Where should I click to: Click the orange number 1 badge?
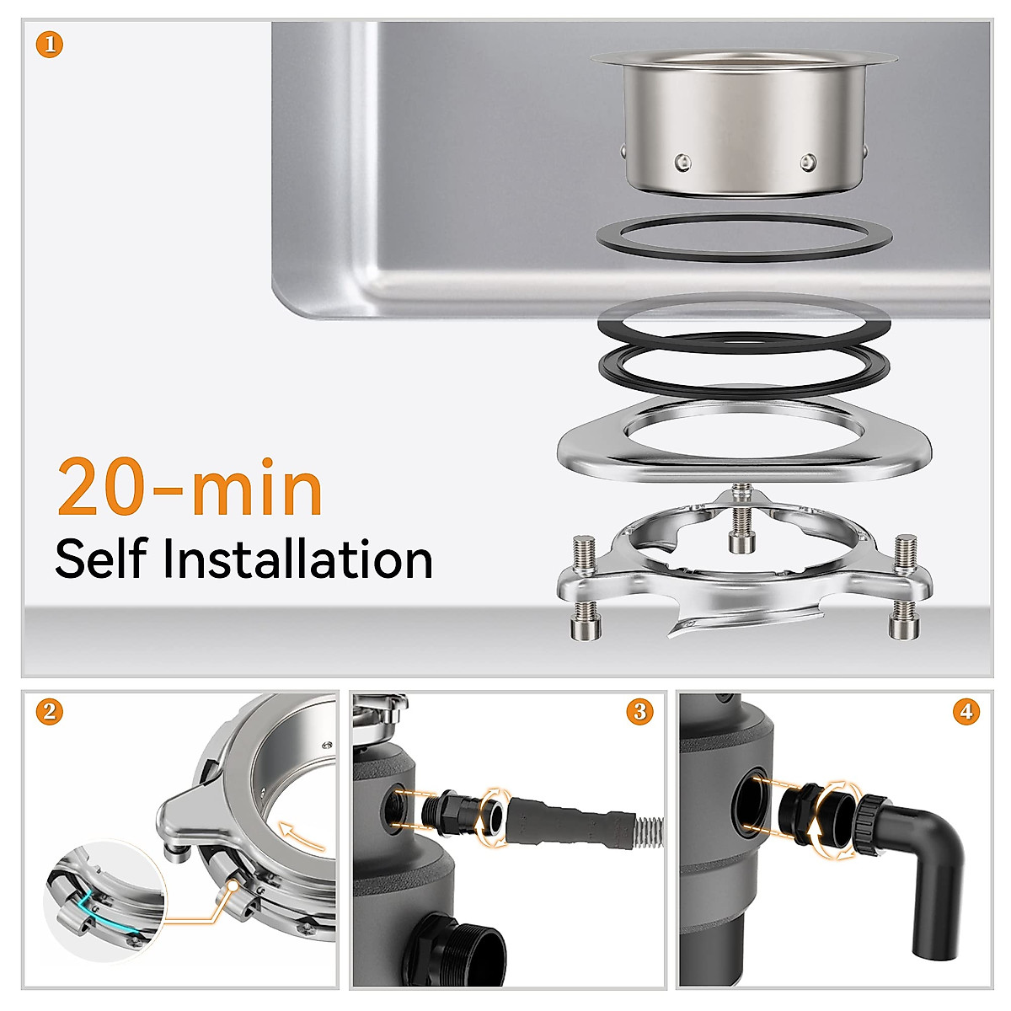(x=50, y=44)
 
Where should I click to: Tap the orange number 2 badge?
(x=50, y=712)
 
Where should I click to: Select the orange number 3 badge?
(x=639, y=712)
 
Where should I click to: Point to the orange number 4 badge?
(x=966, y=712)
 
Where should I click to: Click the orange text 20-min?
(x=190, y=489)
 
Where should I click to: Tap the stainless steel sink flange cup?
(x=744, y=126)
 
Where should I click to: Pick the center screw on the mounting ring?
(x=741, y=518)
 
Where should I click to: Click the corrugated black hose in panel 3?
(x=573, y=821)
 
